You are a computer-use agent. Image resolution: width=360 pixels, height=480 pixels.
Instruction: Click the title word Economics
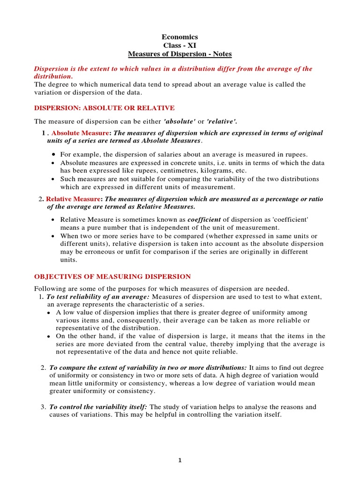click(x=180, y=37)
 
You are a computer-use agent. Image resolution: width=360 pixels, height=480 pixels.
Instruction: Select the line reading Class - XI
click(x=180, y=45)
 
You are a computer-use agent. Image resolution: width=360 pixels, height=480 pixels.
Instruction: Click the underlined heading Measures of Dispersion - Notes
click(x=180, y=54)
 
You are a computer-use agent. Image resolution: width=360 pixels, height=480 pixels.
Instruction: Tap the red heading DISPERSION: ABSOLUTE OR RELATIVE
click(x=105, y=108)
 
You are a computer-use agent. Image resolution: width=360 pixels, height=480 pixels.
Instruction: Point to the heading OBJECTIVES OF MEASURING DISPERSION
click(x=112, y=277)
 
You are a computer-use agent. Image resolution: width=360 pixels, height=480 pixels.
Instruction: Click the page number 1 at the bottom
click(x=180, y=460)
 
